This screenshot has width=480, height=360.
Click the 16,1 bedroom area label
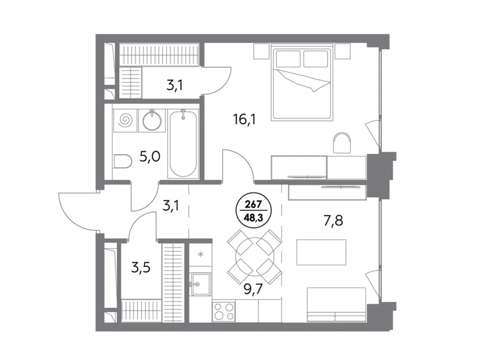[x=244, y=119]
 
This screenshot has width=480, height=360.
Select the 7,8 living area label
[x=333, y=220]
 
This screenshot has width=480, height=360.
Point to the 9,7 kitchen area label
[x=253, y=288]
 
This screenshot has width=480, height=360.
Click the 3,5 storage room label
[x=141, y=268]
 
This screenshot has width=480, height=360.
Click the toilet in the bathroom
[x=122, y=161]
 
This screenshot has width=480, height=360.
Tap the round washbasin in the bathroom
[x=152, y=120]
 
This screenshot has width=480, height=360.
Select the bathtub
[x=183, y=144]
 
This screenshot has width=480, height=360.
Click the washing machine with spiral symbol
[x=125, y=120]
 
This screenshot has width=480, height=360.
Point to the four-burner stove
[x=224, y=311]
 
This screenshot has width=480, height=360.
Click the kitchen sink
[x=200, y=284]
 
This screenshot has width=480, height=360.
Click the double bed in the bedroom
[x=302, y=82]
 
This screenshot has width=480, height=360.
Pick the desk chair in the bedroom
[x=342, y=143]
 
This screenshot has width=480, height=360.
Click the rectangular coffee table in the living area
[x=321, y=252]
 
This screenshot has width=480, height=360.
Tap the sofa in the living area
[x=336, y=304]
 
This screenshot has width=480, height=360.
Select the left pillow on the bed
[x=288, y=59]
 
